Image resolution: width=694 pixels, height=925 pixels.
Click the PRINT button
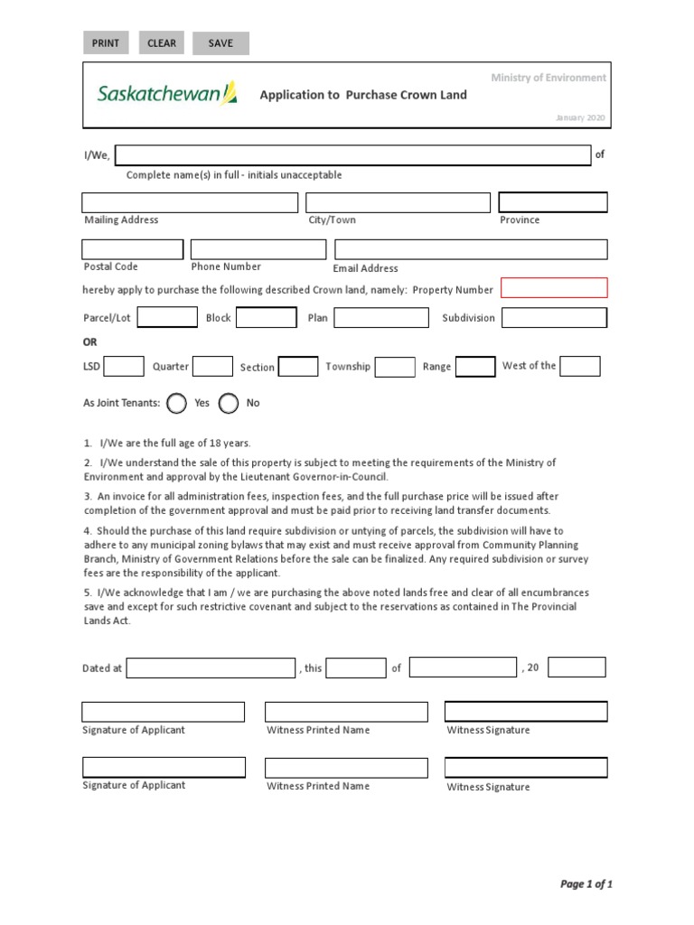pyautogui.click(x=106, y=43)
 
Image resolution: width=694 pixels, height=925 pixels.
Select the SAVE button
pyautogui.click(x=220, y=43)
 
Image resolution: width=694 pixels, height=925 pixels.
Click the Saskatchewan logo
pyautogui.click(x=167, y=94)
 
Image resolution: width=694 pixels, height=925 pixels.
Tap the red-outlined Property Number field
pyautogui.click(x=554, y=288)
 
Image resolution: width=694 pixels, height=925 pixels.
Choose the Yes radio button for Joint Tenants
pyautogui.click(x=177, y=403)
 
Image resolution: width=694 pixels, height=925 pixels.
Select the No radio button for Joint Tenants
pyautogui.click(x=229, y=403)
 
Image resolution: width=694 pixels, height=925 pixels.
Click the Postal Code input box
pyautogui.click(x=132, y=249)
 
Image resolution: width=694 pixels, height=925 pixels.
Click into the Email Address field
pyautogui.click(x=471, y=249)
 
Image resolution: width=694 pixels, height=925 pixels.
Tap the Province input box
pyautogui.click(x=553, y=202)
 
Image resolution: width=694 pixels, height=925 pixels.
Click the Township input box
pyautogui.click(x=395, y=366)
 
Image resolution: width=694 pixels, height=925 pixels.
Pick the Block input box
pyautogui.click(x=267, y=317)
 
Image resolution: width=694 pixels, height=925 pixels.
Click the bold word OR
pyautogui.click(x=90, y=342)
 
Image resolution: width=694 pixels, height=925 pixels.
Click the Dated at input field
pyautogui.click(x=211, y=668)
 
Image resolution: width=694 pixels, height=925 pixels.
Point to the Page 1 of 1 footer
pyautogui.click(x=586, y=884)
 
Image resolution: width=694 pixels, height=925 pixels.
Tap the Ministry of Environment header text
pyautogui.click(x=549, y=78)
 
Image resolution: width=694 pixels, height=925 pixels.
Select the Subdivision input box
pyautogui.click(x=554, y=317)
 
